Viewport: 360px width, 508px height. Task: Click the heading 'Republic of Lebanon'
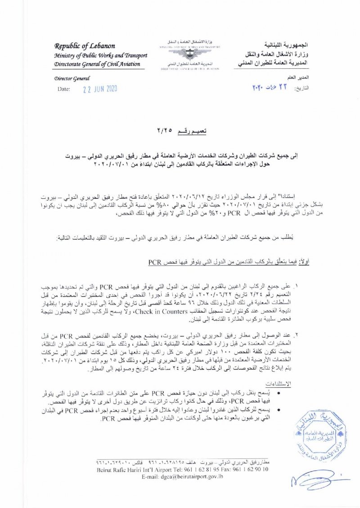85,46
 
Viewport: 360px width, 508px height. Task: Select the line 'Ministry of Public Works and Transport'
101,55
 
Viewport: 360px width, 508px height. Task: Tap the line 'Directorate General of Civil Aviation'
97,64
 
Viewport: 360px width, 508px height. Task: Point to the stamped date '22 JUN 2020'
100,89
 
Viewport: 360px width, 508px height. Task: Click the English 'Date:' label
64,89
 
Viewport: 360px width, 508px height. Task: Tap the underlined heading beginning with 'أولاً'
229,261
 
